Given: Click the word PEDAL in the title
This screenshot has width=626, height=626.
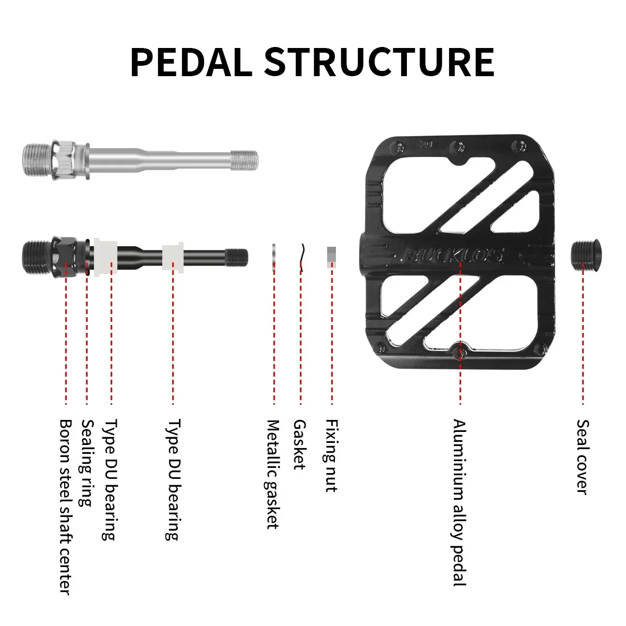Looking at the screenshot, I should (190, 63).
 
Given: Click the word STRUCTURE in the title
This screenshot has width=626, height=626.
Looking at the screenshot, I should (379, 63).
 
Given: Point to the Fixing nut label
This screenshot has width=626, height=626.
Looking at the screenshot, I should (331, 455).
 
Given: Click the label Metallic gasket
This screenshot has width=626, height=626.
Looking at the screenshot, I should (273, 474).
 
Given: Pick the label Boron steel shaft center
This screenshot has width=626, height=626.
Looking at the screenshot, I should (65, 506).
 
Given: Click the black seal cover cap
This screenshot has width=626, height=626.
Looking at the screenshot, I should (585, 255).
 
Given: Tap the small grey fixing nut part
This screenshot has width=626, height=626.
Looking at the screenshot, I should (332, 255).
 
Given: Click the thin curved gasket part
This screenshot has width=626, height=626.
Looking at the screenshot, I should (301, 257).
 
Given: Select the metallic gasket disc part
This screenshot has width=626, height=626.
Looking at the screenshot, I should (274, 256).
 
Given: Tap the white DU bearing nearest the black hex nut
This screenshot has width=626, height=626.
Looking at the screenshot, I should (105, 256).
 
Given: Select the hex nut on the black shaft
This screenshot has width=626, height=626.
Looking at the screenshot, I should (65, 255).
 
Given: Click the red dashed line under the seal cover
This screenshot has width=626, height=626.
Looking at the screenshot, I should (583, 339).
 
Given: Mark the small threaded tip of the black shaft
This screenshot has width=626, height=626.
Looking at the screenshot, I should (237, 256).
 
